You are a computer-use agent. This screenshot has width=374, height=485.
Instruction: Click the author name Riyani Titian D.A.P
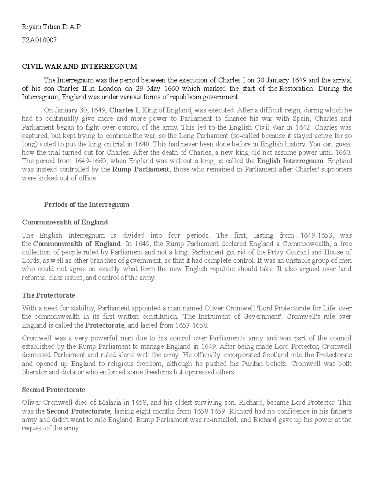[x=51, y=27]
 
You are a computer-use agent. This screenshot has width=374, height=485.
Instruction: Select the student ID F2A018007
[x=39, y=40]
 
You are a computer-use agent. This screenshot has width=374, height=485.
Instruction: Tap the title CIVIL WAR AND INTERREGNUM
[x=79, y=67]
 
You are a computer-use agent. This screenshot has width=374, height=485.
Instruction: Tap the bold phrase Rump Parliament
[x=140, y=170]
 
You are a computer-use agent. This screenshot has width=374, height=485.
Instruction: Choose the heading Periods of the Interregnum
[x=86, y=205]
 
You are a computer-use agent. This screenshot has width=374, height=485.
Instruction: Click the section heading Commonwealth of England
[x=65, y=222]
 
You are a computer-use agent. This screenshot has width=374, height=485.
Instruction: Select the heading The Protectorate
[x=48, y=295]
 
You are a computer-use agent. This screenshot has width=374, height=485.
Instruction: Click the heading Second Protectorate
[x=53, y=389]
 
